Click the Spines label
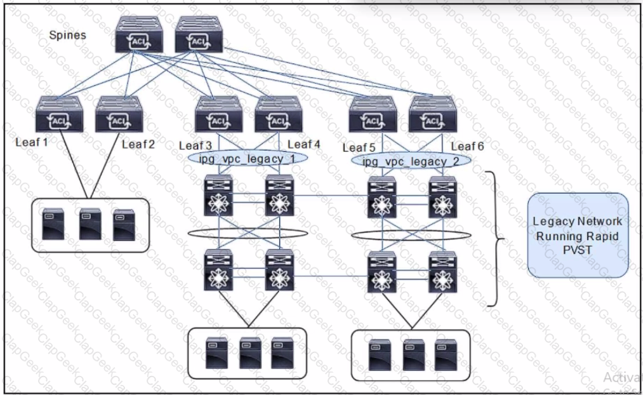click(x=67, y=35)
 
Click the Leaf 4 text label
click(x=303, y=144)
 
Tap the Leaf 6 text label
click(x=467, y=147)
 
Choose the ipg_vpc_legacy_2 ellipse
click(x=411, y=161)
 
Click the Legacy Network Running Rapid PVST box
click(x=577, y=236)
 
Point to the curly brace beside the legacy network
click(x=497, y=239)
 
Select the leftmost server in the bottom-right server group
click(x=379, y=356)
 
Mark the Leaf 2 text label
click(x=138, y=144)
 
